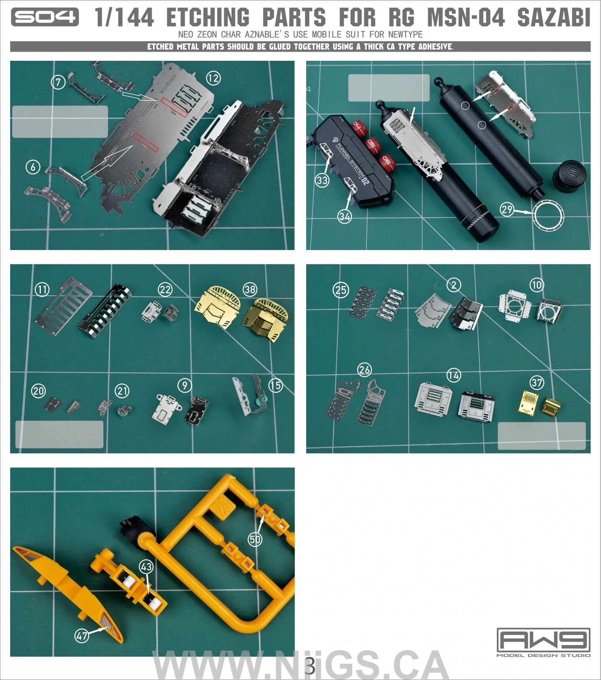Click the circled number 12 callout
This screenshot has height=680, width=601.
(x=213, y=78)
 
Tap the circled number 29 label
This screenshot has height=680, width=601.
(x=507, y=209)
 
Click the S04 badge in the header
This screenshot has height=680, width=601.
(x=45, y=17)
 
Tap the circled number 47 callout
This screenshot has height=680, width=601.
(x=82, y=635)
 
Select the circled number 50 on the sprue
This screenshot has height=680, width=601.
(x=255, y=539)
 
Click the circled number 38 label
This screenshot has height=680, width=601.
(x=250, y=289)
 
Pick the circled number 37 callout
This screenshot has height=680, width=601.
(x=537, y=382)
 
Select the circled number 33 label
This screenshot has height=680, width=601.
(x=322, y=180)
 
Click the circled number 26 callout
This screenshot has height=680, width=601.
(x=364, y=369)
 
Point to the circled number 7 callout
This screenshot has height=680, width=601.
(x=58, y=82)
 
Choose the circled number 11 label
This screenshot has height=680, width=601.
(x=42, y=289)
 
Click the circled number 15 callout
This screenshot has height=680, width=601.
(x=275, y=386)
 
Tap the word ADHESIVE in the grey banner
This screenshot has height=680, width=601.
(x=435, y=47)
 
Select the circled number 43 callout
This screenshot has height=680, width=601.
(x=146, y=567)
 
